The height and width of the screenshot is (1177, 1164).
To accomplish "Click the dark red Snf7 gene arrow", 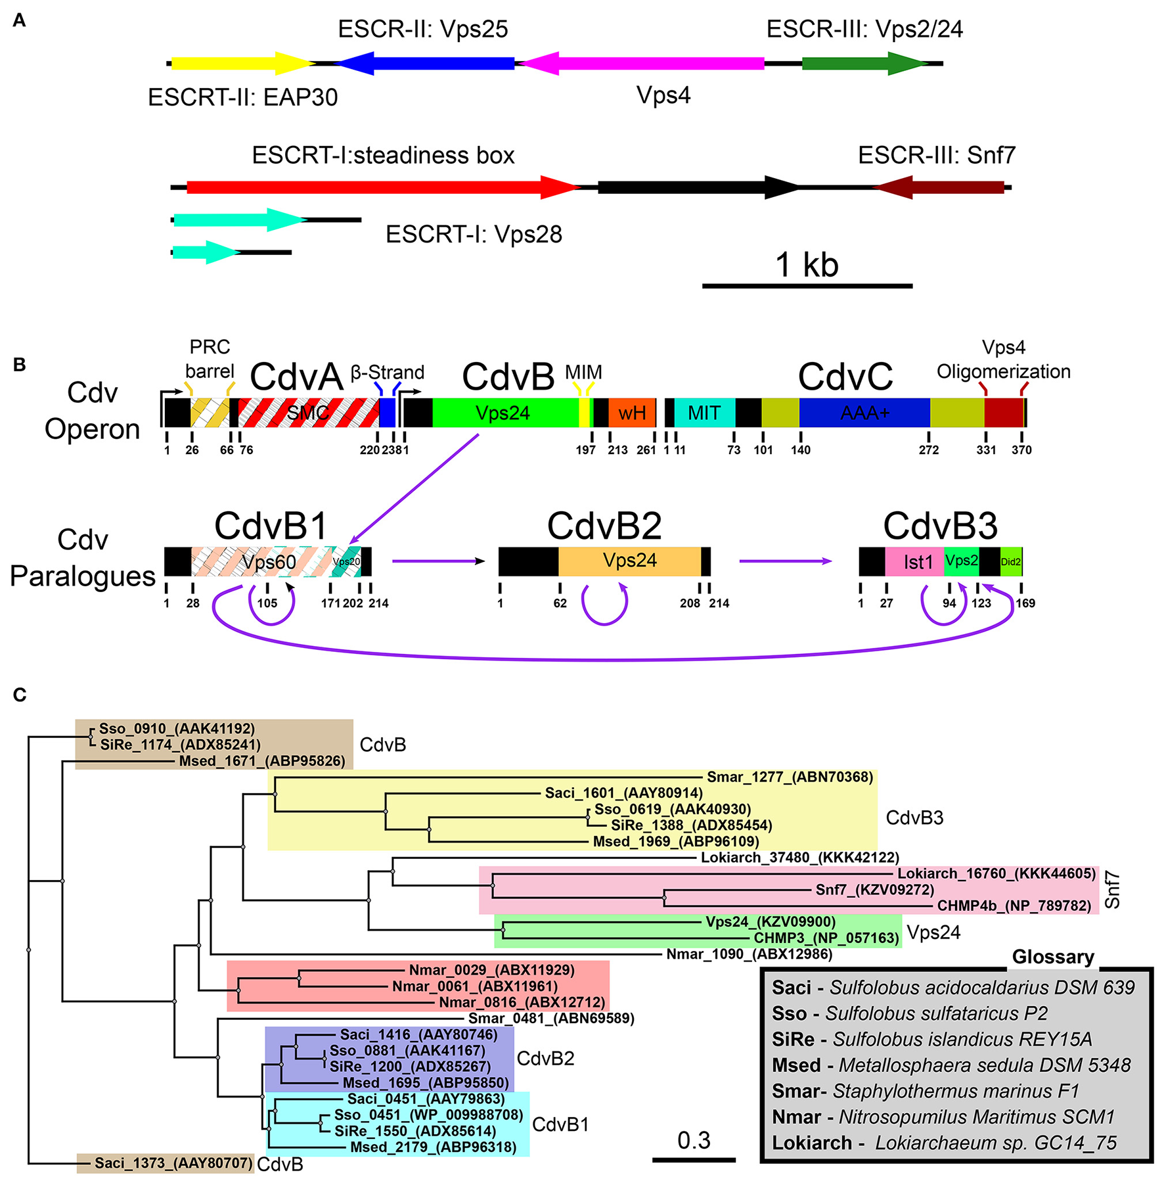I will pyautogui.click(x=939, y=187).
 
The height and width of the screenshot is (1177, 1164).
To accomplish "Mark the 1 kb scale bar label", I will pyautogui.click(x=807, y=265).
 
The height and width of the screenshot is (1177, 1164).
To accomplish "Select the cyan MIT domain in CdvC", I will pyautogui.click(x=704, y=413).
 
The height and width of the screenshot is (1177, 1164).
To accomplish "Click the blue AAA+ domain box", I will pyautogui.click(x=864, y=413).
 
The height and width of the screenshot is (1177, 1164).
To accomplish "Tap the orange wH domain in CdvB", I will pyautogui.click(x=632, y=413).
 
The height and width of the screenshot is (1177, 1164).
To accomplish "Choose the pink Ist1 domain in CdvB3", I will pyautogui.click(x=918, y=562).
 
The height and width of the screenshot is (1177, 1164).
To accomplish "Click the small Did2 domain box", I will pyautogui.click(x=1011, y=562).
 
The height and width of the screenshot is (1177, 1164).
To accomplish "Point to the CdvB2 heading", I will pyautogui.click(x=604, y=526).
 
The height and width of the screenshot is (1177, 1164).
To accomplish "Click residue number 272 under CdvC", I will pyautogui.click(x=929, y=450).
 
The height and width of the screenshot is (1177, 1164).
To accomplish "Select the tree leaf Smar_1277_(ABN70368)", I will pyautogui.click(x=790, y=777).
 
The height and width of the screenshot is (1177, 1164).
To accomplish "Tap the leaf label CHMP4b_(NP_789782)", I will pyautogui.click(x=1014, y=906).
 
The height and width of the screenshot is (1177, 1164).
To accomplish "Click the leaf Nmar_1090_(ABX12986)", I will pyautogui.click(x=750, y=954).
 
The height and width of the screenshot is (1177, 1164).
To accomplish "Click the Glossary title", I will pyautogui.click(x=1053, y=957).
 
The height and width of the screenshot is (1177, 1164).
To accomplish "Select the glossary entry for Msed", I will pyautogui.click(x=951, y=1065).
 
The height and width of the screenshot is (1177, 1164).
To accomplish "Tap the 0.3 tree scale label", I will pyautogui.click(x=694, y=1140).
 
